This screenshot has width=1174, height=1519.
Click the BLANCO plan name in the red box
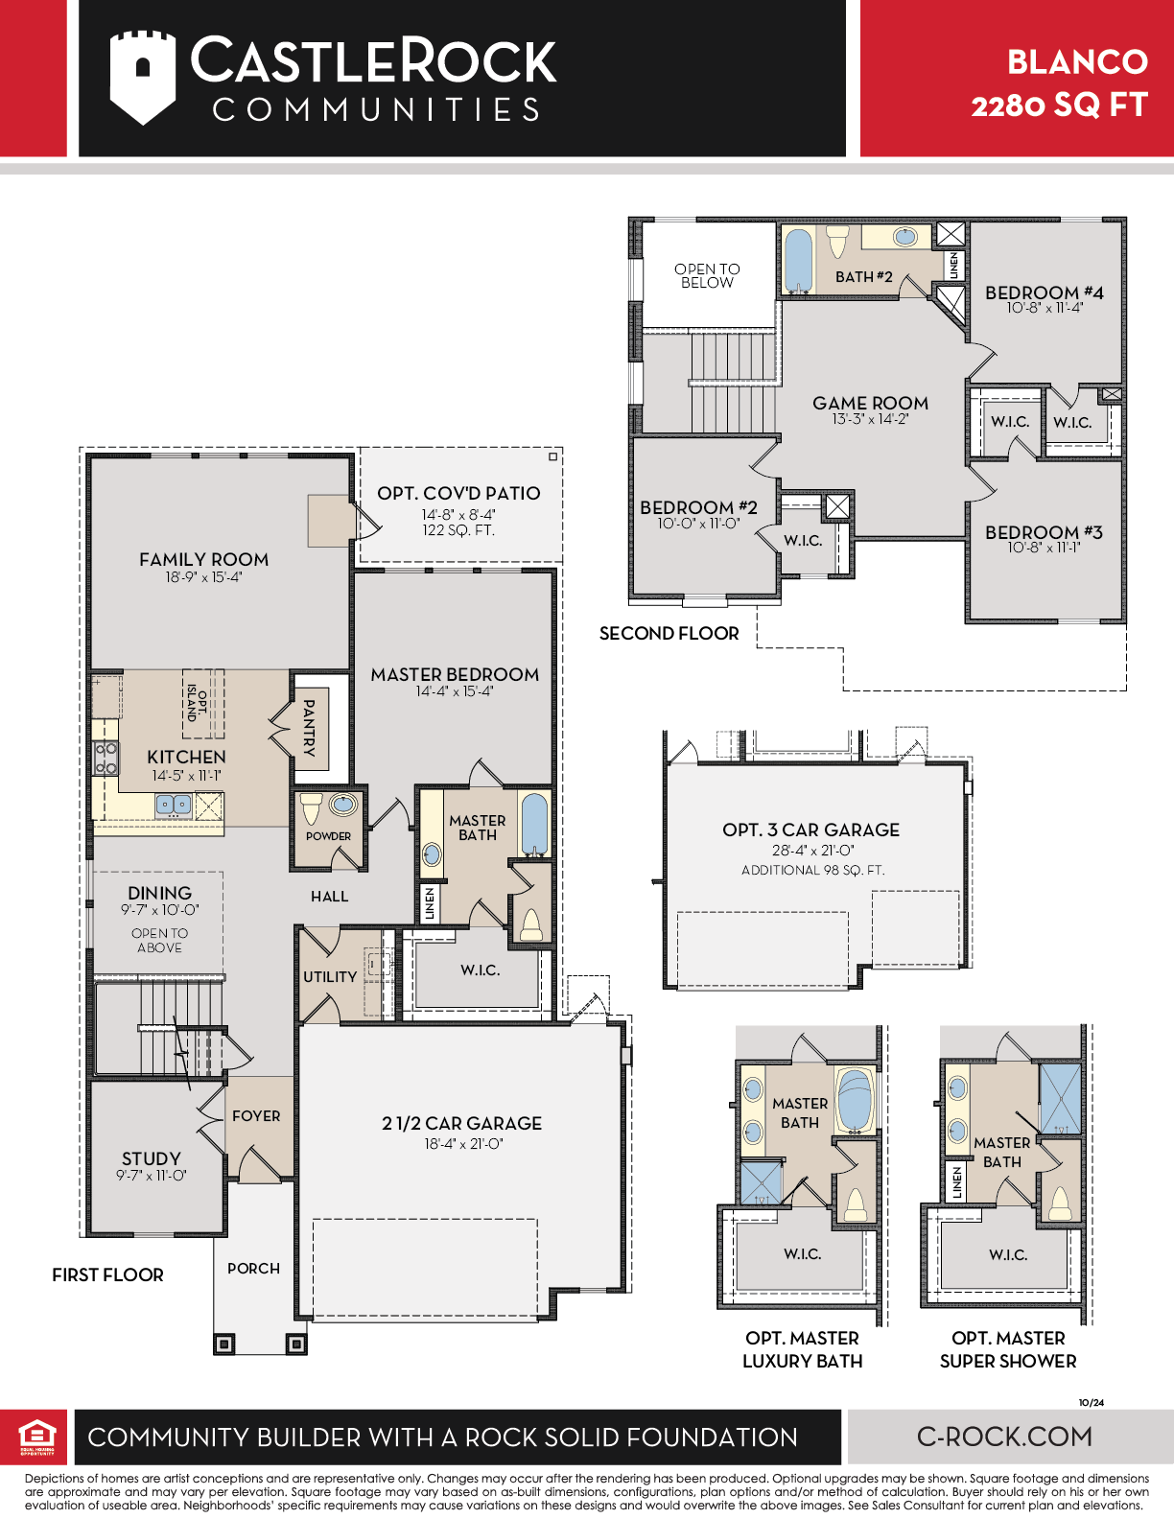1077,62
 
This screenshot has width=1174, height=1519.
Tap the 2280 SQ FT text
1059,105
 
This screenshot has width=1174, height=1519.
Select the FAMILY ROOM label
203,559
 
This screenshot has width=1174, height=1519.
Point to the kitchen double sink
173,805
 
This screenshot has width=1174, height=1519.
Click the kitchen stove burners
106,759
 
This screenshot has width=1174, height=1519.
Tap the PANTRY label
308,727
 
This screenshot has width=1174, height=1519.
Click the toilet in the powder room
311,808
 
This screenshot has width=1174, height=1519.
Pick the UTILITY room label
329,976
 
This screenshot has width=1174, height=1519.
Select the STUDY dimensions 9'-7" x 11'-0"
151,1175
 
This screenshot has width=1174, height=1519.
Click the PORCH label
253,1268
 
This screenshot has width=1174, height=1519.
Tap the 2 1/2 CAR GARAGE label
461,1123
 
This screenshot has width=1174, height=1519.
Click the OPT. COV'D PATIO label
458,493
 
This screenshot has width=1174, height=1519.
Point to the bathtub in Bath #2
799,260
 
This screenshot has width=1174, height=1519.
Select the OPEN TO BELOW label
707,275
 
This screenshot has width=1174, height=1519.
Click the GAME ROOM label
871,403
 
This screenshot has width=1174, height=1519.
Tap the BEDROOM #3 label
1044,532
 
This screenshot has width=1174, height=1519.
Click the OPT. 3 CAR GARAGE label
811,830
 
